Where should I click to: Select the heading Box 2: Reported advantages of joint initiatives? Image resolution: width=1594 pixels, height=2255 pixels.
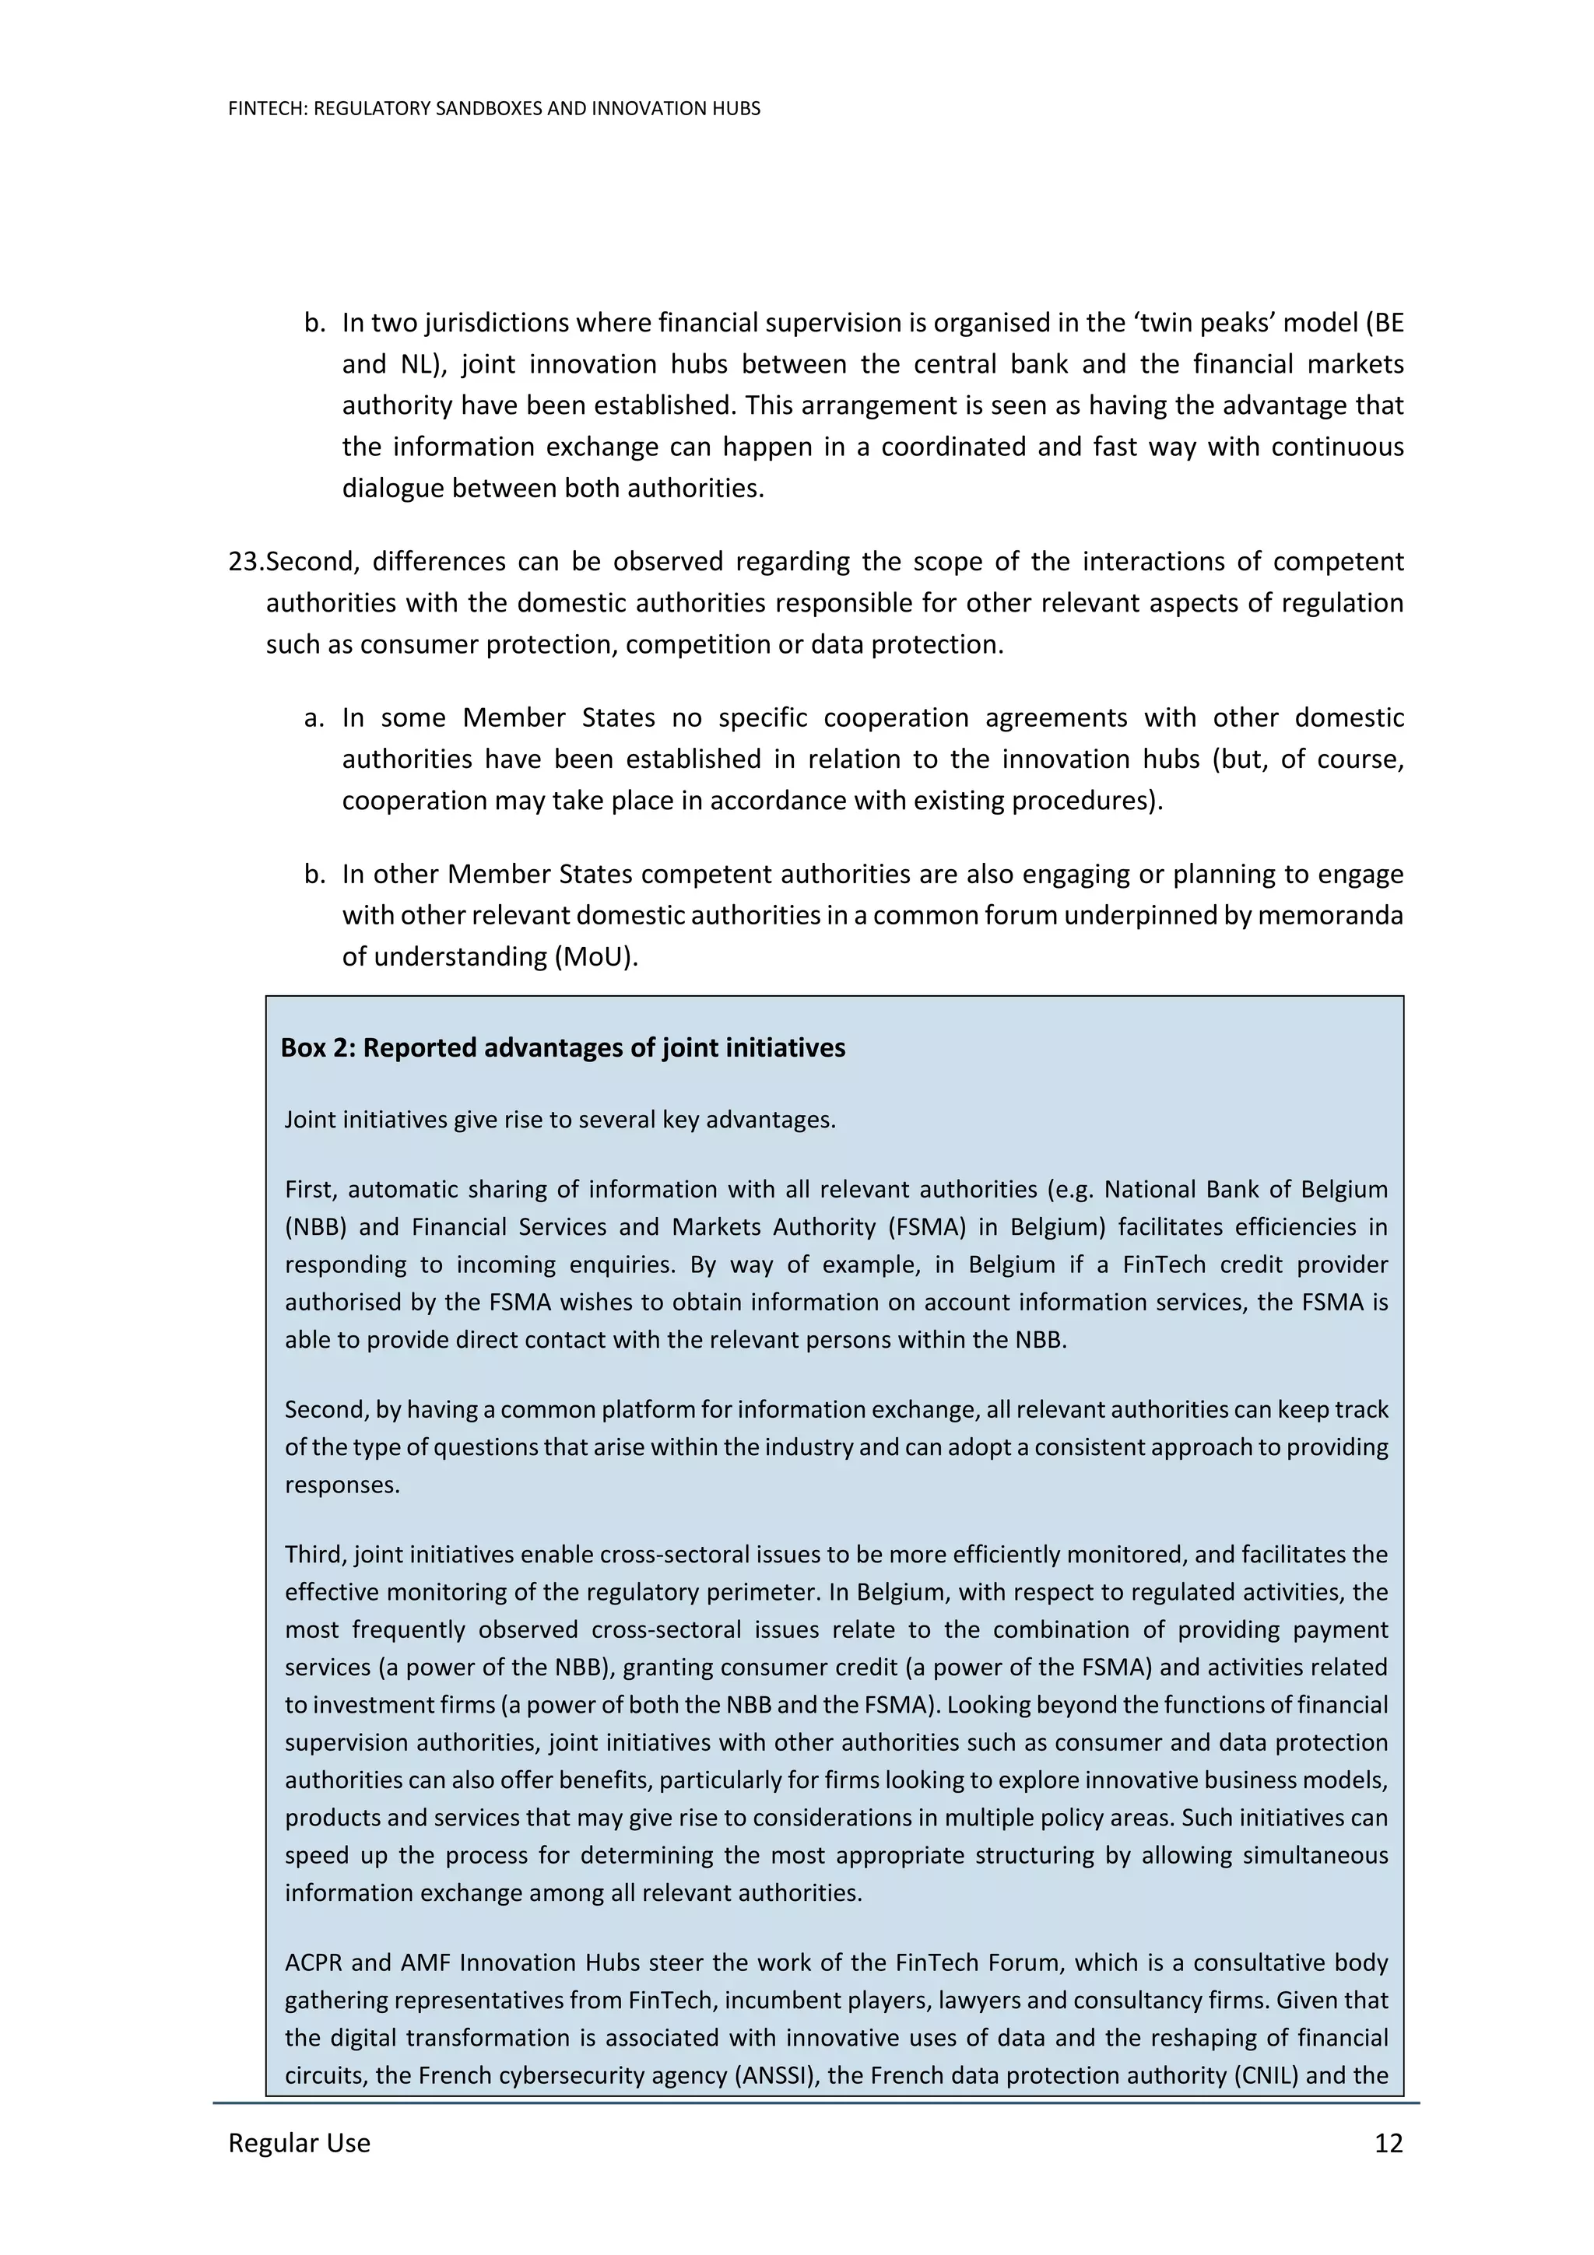click(562, 1048)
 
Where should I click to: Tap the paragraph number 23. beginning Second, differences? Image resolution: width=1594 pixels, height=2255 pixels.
click(245, 562)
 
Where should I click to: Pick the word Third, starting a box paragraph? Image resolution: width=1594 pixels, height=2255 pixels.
click(315, 1555)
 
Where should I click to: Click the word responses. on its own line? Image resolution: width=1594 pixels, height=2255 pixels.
click(342, 1484)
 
